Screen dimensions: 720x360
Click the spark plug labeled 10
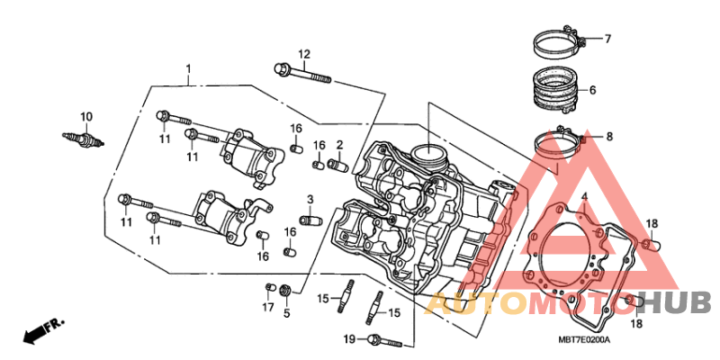tap(84, 138)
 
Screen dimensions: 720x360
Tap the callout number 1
tap(188, 69)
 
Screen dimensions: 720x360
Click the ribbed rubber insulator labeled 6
tap(555, 91)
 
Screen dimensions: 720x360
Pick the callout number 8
tap(609, 137)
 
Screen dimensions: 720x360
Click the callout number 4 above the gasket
tap(584, 197)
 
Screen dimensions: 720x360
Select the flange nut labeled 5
tap(285, 291)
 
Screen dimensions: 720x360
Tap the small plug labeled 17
tap(269, 288)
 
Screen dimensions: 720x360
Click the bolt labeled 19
tap(385, 340)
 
